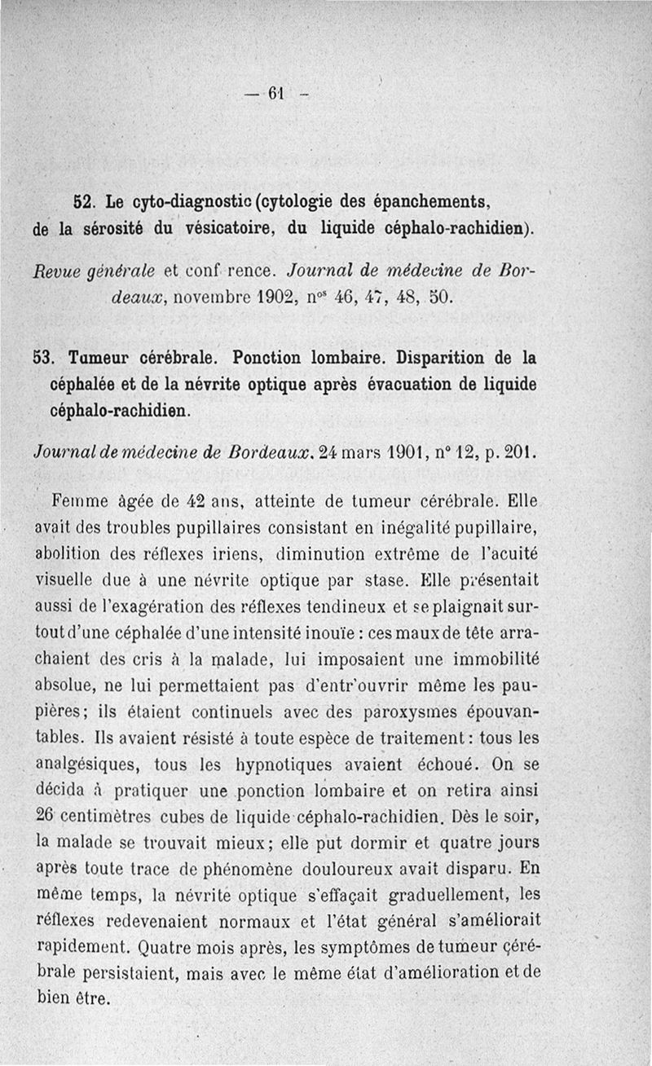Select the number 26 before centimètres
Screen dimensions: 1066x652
pos(45,817)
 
